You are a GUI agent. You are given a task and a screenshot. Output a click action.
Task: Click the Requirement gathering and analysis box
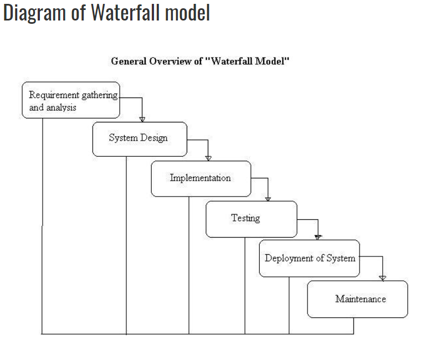coord(71,100)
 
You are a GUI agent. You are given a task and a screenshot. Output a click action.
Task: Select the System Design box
coord(140,138)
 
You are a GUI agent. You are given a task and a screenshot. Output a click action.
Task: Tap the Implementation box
coord(201,178)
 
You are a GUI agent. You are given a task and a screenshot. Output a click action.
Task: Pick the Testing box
coord(251,219)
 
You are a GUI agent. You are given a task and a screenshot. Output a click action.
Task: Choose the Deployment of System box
coord(309,258)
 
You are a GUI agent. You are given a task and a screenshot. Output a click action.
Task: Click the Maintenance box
coord(357,299)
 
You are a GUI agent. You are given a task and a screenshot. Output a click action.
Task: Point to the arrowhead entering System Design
coord(142,119)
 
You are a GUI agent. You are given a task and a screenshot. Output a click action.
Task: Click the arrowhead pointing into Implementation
coord(208,158)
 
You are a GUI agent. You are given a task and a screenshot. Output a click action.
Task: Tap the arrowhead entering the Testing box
coord(268,198)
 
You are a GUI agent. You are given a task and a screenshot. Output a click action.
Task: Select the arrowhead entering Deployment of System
coord(318,236)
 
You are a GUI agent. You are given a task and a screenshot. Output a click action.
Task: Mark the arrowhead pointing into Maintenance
coord(382,277)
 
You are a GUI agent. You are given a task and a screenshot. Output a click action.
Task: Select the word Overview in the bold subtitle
coord(170,61)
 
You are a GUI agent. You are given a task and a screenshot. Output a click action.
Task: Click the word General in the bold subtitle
coord(129,61)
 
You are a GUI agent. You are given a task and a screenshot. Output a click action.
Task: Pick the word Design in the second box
coord(154,138)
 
